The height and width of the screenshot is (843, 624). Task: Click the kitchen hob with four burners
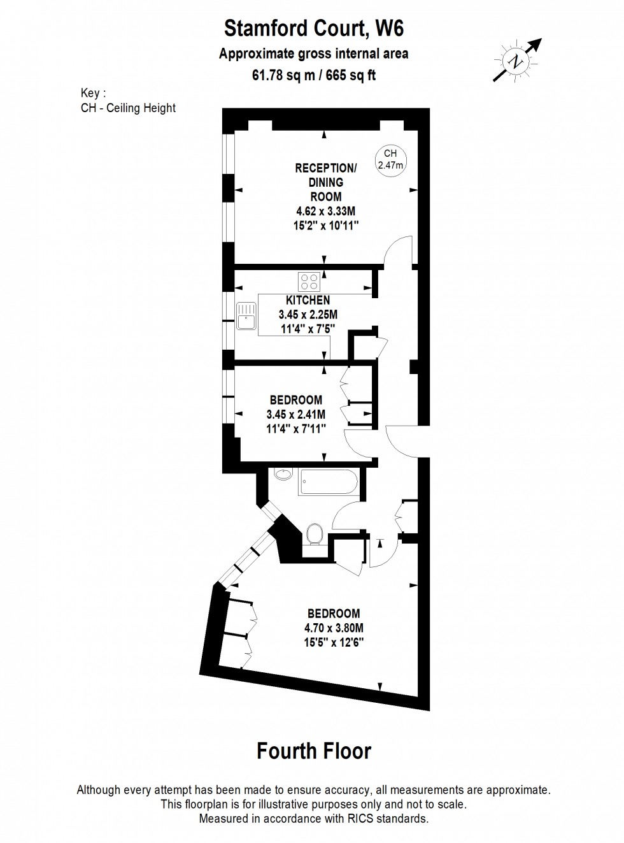click(x=309, y=282)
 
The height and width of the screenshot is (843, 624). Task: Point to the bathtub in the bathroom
click(x=328, y=482)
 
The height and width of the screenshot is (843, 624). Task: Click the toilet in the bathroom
click(x=314, y=535)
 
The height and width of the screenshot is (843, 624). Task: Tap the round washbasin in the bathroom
click(x=283, y=473)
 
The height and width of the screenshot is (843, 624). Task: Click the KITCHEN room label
click(x=308, y=300)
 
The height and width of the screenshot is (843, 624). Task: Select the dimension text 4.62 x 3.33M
click(x=326, y=212)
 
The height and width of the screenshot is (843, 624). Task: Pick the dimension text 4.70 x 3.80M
click(x=334, y=628)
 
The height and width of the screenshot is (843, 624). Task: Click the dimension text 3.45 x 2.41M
click(x=296, y=414)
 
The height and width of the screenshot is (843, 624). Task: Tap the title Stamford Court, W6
click(x=314, y=29)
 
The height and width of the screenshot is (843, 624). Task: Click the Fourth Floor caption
click(x=314, y=751)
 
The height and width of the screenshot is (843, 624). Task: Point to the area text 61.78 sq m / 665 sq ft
click(x=314, y=75)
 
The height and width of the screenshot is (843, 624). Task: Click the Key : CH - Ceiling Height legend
click(x=128, y=101)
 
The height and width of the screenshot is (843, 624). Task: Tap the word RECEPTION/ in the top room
click(x=326, y=168)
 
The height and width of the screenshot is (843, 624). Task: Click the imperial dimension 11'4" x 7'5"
click(x=308, y=329)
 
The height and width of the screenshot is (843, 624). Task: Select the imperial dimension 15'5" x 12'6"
click(x=334, y=642)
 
